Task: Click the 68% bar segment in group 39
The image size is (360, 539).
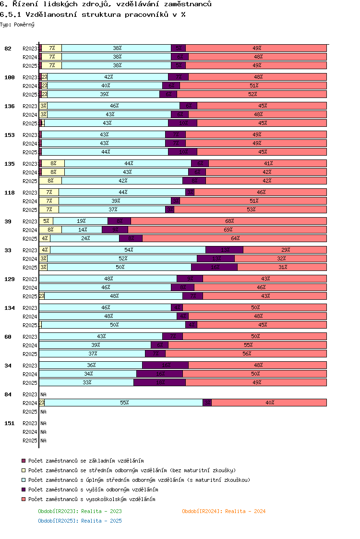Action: coord(228,221)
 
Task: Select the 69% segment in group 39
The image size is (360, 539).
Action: coord(227,230)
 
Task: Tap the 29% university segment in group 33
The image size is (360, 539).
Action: coord(285,250)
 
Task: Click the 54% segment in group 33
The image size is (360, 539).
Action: coord(128,250)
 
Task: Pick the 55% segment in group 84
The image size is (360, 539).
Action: coord(124,403)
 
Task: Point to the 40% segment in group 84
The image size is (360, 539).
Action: coord(269,403)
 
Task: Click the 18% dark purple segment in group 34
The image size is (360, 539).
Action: coord(159,382)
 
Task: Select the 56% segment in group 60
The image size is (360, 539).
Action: coord(246,354)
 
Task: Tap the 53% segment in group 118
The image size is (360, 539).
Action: coord(250,209)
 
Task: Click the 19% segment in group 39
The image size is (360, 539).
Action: coord(81,221)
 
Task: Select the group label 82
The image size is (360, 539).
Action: coord(8,49)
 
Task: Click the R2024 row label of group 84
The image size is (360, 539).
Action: coord(30,403)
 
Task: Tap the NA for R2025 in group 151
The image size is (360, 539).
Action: coord(43,441)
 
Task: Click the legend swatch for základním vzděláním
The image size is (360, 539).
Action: coord(24,461)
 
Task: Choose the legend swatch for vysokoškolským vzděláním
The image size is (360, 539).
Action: coord(24,499)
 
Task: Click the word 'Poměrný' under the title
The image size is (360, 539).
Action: coord(24,24)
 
